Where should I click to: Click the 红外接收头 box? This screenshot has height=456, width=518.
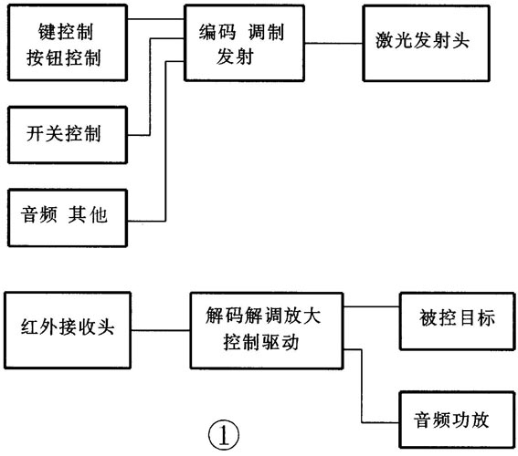tap(67, 328)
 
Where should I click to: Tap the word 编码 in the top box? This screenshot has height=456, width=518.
tap(217, 29)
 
